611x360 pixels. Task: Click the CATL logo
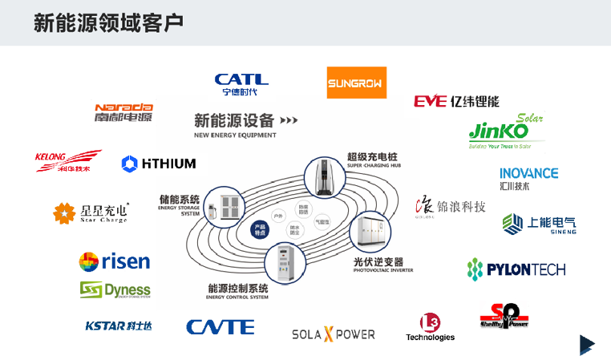point(241,82)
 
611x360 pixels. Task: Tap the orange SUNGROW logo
point(357,83)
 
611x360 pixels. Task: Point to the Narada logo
point(123,111)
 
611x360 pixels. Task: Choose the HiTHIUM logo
point(158,164)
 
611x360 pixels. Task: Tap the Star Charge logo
point(90,212)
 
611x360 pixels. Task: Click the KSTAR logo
point(118,326)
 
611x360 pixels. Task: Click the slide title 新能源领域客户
point(108,22)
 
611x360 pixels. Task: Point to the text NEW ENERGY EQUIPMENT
point(235,136)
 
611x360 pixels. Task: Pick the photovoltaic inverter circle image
point(369,231)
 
